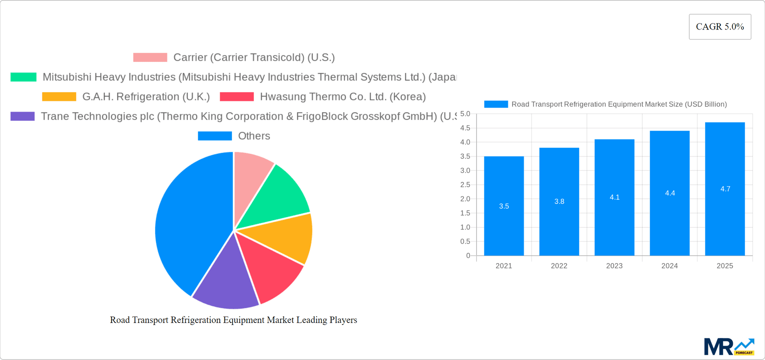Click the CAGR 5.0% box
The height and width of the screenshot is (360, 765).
720,27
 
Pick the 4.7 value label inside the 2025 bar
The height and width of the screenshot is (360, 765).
725,189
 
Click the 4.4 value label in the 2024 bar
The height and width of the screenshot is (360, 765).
670,193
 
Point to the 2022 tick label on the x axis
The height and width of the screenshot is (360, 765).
559,266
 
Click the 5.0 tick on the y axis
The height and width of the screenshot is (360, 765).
465,114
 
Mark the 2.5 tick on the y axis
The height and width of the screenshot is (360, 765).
465,185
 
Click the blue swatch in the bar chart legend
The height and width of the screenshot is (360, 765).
496,104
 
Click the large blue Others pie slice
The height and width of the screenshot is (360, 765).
191,223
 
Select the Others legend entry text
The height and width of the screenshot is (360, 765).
254,136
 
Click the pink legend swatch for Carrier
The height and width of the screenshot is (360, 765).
150,57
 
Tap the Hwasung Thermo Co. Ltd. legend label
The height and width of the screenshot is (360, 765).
343,97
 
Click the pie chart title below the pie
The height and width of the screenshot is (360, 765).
233,320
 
